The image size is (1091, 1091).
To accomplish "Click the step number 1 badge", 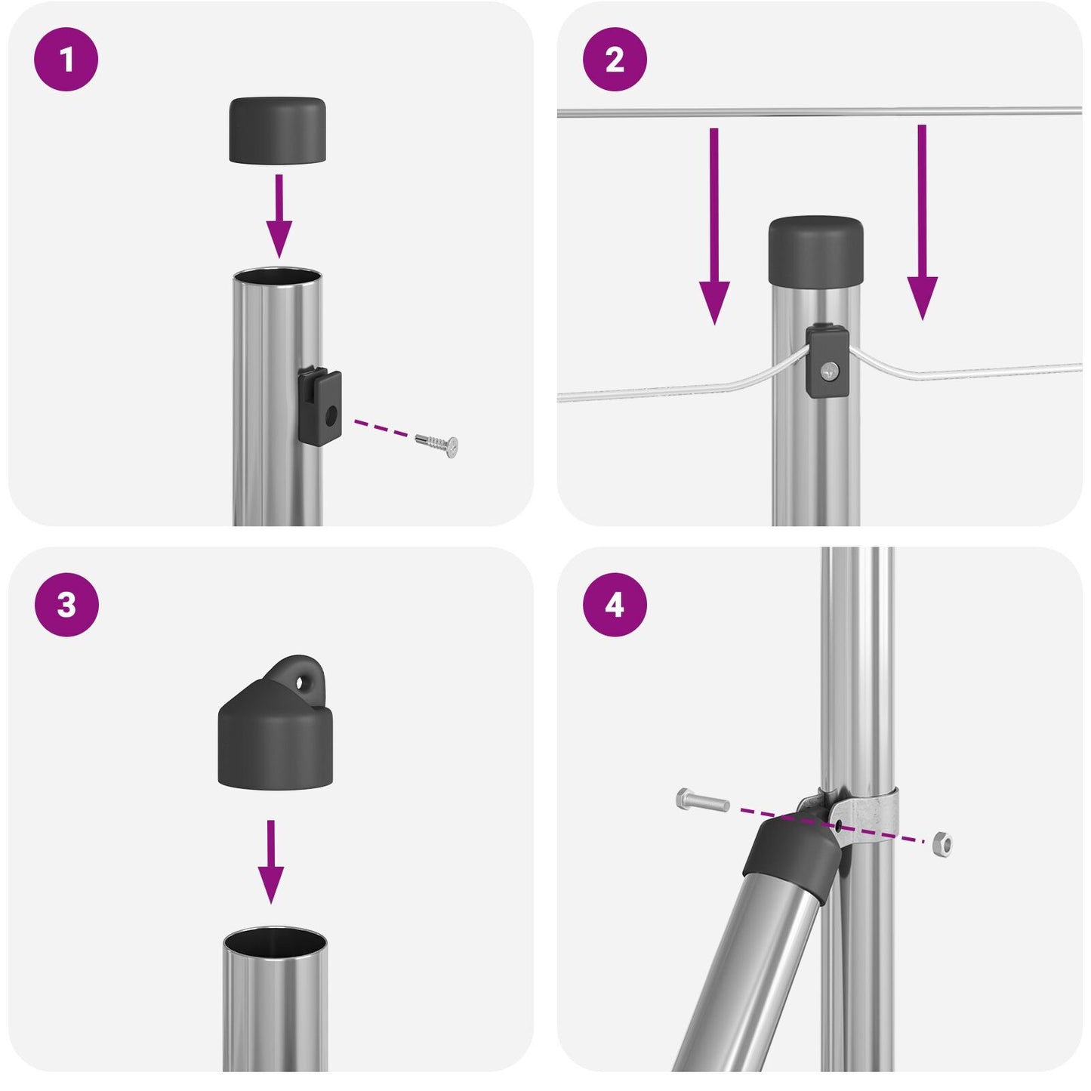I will tap(66, 60).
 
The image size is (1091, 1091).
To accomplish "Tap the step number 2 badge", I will tap(615, 60).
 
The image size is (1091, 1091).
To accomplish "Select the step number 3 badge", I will tap(66, 605).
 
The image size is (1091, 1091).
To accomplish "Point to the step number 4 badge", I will tap(615, 605).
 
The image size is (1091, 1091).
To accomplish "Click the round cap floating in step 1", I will tap(278, 130).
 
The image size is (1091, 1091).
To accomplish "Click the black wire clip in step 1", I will tap(319, 405).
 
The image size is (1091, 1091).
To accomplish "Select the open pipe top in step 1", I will tap(277, 276).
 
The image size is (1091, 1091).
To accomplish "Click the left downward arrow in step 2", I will tap(714, 227).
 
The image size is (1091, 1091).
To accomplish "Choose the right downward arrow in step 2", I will tap(922, 223).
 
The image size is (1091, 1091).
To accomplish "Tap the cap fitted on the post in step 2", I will tap(816, 248).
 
